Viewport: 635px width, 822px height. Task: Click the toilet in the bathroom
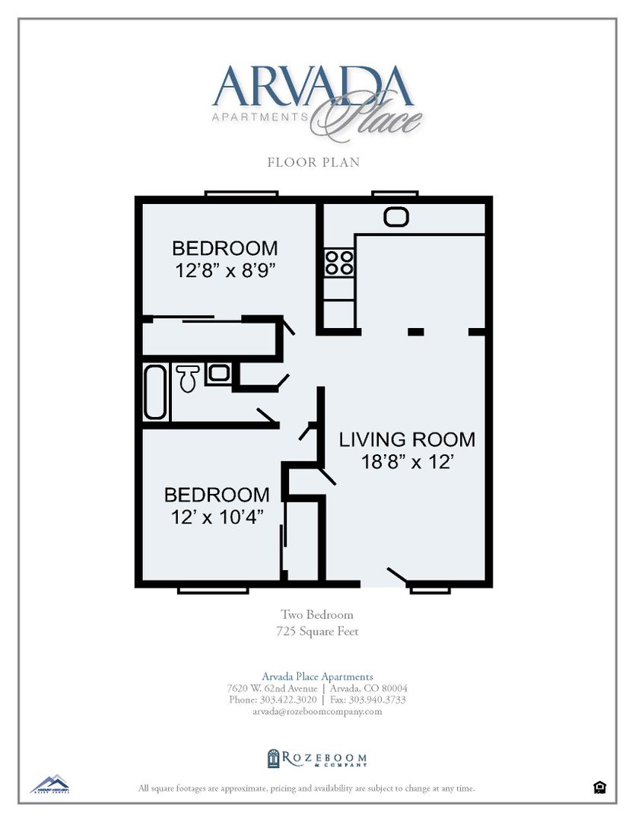click(188, 378)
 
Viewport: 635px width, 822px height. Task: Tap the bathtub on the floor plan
click(155, 392)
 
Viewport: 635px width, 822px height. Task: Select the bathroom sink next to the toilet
click(218, 373)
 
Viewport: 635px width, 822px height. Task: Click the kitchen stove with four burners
click(339, 263)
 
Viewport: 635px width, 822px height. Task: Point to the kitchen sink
click(396, 217)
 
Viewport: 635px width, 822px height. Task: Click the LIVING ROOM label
click(407, 439)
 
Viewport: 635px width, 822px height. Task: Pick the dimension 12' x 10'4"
click(216, 516)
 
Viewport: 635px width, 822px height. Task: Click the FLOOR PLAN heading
click(313, 162)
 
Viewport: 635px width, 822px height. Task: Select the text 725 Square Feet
click(317, 631)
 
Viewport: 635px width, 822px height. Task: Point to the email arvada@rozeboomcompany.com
click(317, 712)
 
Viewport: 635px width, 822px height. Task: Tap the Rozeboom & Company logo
click(317, 758)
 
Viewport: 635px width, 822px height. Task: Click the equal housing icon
click(599, 788)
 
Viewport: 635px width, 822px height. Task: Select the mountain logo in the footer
click(49, 784)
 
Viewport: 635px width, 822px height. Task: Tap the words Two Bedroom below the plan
click(317, 614)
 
